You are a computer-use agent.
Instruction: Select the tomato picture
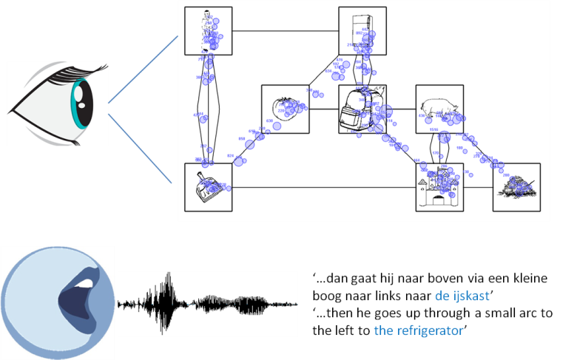click(285, 109)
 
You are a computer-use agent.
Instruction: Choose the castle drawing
click(439, 187)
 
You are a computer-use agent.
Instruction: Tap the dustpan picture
click(208, 187)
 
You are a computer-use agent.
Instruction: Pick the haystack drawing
click(516, 187)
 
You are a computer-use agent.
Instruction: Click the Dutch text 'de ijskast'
click(462, 296)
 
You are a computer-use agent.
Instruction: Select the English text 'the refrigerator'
click(419, 330)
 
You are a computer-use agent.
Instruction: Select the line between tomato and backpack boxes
click(323, 109)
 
